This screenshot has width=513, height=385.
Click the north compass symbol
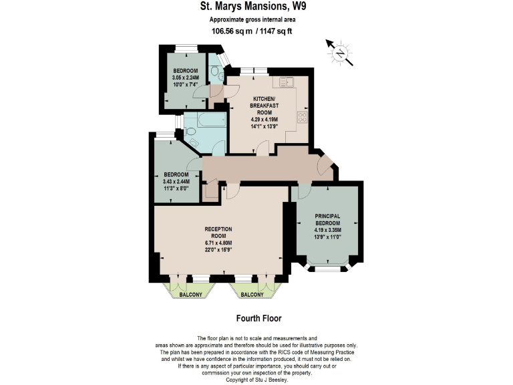click(x=340, y=51)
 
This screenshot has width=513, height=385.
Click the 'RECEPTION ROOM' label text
click(x=218, y=233)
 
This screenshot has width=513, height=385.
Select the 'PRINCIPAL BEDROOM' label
click(x=328, y=219)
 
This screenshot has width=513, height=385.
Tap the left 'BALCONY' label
click(x=190, y=294)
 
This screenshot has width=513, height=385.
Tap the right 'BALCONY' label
click(x=251, y=294)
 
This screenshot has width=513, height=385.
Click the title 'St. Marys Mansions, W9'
click(x=256, y=8)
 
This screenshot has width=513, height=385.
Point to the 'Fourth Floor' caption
click(x=256, y=318)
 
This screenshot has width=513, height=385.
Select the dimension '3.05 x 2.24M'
click(x=186, y=78)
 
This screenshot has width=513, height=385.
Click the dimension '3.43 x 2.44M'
click(x=176, y=181)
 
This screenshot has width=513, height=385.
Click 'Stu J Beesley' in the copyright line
click(x=273, y=379)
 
